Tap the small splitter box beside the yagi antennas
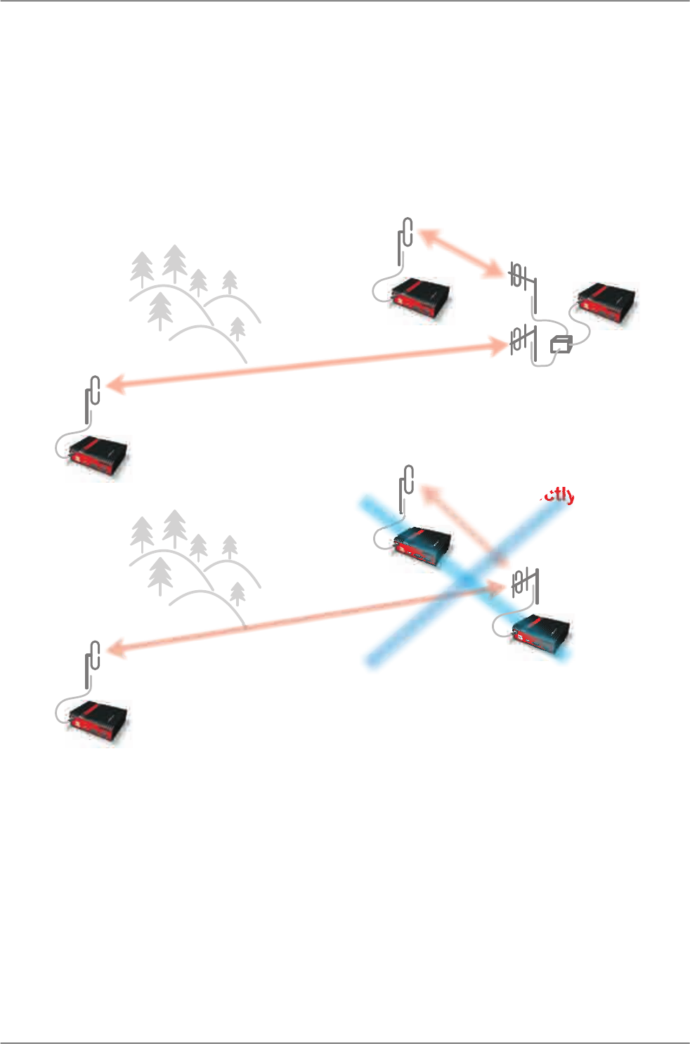tap(561, 344)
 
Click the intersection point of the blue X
tap(466, 581)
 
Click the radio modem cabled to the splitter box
tap(607, 303)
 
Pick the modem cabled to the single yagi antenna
tap(541, 635)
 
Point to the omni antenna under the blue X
tap(405, 488)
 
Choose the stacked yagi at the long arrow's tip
tap(523, 342)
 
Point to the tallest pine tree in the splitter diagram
tap(174, 264)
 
